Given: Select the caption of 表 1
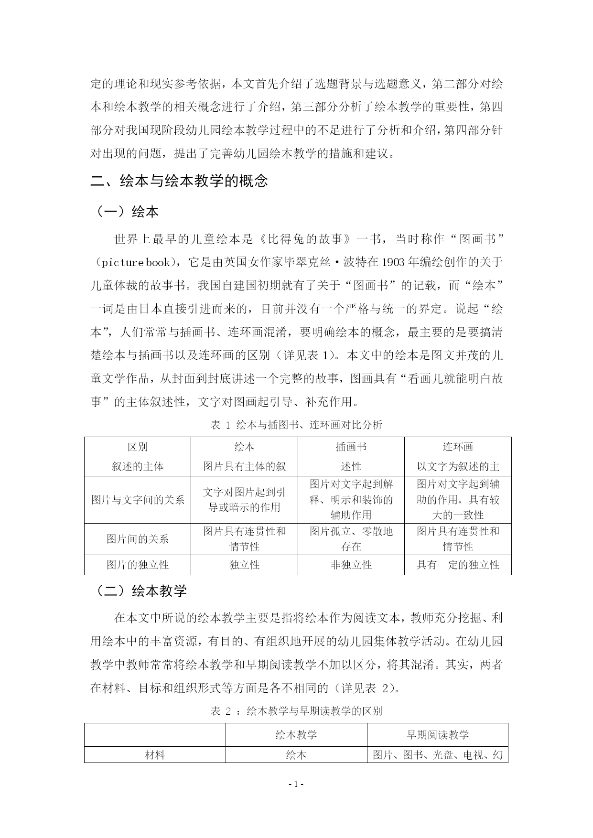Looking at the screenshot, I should pyautogui.click(x=296, y=425).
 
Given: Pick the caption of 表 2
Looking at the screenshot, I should pyautogui.click(x=296, y=711).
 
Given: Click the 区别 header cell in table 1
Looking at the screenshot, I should pyautogui.click(x=138, y=447).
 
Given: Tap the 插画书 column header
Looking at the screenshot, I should pyautogui.click(x=351, y=447).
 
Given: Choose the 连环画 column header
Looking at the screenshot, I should pyautogui.click(x=458, y=447).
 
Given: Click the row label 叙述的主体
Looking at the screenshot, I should pyautogui.click(x=138, y=466).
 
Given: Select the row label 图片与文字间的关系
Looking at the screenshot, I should pyautogui.click(x=138, y=500).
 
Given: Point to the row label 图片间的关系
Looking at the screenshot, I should pyautogui.click(x=138, y=539).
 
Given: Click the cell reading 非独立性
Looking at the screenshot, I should pyautogui.click(x=351, y=565).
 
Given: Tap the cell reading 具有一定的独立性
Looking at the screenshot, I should pyautogui.click(x=458, y=565).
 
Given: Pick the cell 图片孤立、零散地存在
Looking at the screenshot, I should pyautogui.click(x=351, y=539).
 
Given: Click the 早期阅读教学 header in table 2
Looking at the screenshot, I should pyautogui.click(x=437, y=735).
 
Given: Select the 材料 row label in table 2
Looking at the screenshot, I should pyautogui.click(x=155, y=755).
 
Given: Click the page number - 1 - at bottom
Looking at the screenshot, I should pyautogui.click(x=296, y=784).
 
